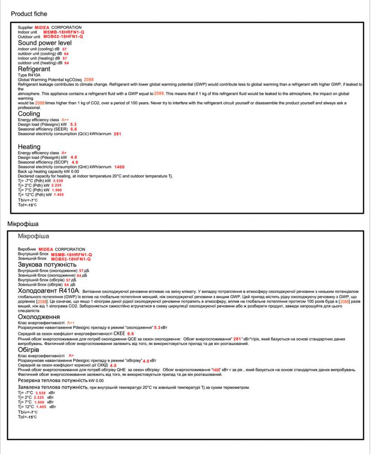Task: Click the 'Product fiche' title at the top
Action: pyautogui.click(x=29, y=14)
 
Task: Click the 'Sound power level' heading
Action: pyautogui.click(x=45, y=43)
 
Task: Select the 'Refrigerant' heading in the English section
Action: pyautogui.click(x=34, y=69)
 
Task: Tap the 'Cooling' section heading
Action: pyautogui.click(x=29, y=114)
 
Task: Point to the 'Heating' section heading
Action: pyautogui.click(x=29, y=147)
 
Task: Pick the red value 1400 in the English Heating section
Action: pyautogui.click(x=119, y=167)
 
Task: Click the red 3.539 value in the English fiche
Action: pyautogui.click(x=58, y=181)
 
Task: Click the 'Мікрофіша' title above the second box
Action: pyautogui.click(x=23, y=224)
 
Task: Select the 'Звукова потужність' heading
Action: pyautogui.click(x=47, y=265)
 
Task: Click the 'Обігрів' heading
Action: pyautogui.click(x=28, y=350)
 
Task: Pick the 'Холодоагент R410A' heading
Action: pyautogui.click(x=49, y=291)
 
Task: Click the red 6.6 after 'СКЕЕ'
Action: pyautogui.click(x=130, y=334)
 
